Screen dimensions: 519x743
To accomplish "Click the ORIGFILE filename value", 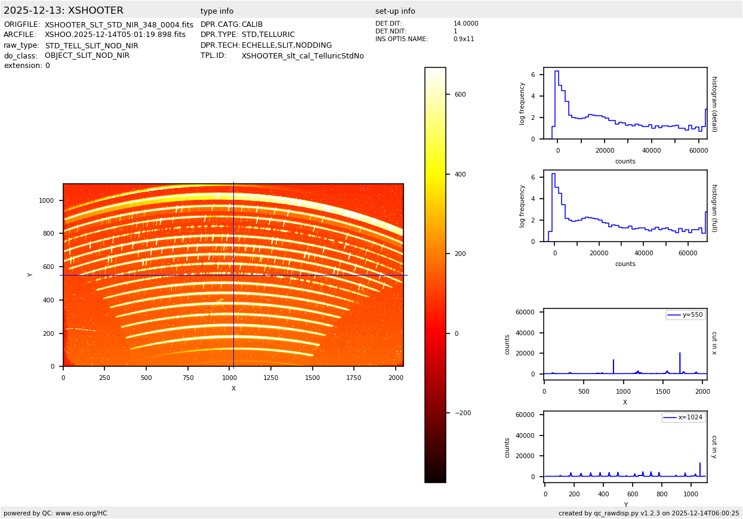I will (x=119, y=24).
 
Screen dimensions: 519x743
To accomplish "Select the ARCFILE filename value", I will (x=115, y=35).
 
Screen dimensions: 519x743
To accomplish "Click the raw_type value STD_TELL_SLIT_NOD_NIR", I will (x=91, y=45).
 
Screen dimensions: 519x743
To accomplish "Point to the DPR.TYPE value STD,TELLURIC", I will (x=268, y=35).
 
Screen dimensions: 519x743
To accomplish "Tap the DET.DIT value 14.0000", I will (x=465, y=24).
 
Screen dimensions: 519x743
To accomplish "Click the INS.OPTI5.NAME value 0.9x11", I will (x=463, y=39).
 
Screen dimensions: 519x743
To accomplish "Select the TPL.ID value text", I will (x=303, y=56).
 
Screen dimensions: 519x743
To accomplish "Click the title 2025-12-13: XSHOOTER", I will (x=63, y=11).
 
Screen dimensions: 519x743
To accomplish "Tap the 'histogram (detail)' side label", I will (x=714, y=104).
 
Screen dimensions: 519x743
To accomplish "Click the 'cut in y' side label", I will (x=714, y=446).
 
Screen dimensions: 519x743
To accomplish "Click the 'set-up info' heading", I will (x=395, y=11).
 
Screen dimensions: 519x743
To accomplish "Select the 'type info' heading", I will (x=217, y=11).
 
